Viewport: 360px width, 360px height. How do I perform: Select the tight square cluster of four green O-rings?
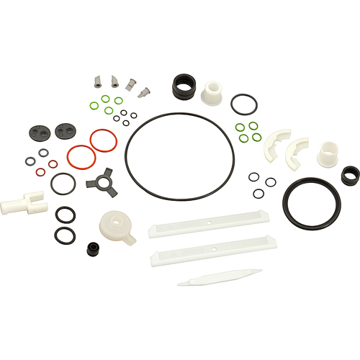pos(250,131)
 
